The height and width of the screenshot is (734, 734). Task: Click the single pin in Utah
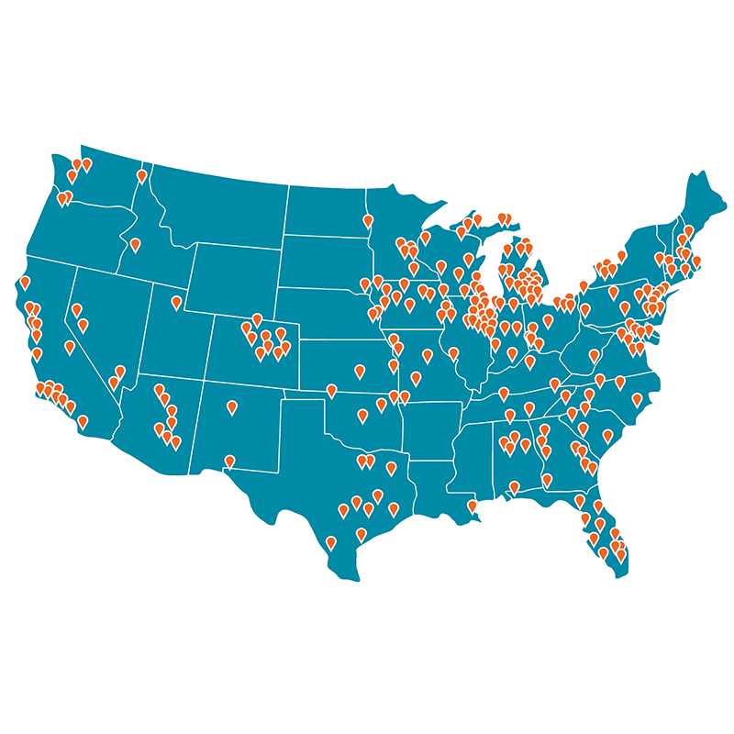tap(176, 303)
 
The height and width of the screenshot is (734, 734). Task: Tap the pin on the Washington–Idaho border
tap(142, 175)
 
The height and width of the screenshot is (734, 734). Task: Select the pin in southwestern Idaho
tap(135, 245)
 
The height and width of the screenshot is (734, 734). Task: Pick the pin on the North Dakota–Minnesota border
tap(368, 221)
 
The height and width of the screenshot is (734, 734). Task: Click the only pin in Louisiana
tap(473, 506)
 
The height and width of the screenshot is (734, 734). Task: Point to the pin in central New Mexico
tap(231, 406)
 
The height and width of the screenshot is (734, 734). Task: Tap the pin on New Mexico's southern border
tap(229, 462)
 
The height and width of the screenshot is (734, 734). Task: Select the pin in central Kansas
tap(360, 372)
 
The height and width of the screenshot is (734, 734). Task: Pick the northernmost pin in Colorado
tap(257, 319)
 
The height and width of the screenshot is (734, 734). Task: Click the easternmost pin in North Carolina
tap(637, 398)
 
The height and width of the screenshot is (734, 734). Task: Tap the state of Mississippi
tap(477, 450)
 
